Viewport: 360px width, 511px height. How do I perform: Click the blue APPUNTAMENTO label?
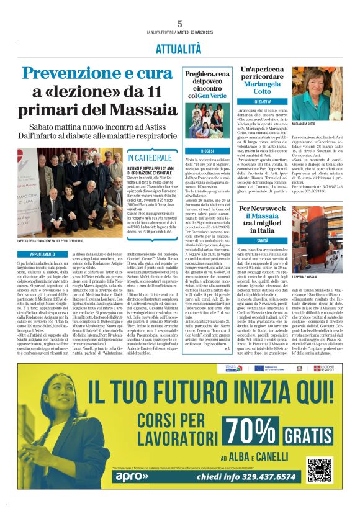[42, 255]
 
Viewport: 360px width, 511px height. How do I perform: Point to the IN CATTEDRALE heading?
[150, 158]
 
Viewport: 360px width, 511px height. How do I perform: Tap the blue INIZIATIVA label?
[262, 101]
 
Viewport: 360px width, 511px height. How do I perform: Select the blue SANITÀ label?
[261, 240]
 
